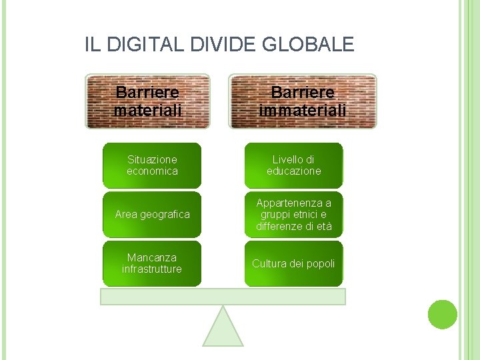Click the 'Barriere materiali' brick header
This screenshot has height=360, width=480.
click(147, 101)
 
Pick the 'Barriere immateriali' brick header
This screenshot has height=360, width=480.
click(303, 101)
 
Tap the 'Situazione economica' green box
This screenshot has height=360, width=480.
click(152, 165)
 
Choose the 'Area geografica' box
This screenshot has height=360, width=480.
click(152, 215)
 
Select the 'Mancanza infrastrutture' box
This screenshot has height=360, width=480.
click(152, 263)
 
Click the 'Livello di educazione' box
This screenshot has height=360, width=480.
click(293, 165)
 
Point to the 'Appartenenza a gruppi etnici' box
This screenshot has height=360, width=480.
click(293, 215)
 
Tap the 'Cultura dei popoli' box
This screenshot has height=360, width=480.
click(293, 263)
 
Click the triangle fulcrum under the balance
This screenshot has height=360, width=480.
click(223, 329)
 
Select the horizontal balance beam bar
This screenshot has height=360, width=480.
click(223, 297)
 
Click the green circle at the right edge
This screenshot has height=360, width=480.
click(442, 314)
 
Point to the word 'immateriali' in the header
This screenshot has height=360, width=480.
click(303, 110)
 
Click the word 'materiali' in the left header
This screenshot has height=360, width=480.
click(147, 110)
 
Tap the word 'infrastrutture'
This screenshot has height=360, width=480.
click(152, 269)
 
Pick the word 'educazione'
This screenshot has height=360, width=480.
click(293, 171)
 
